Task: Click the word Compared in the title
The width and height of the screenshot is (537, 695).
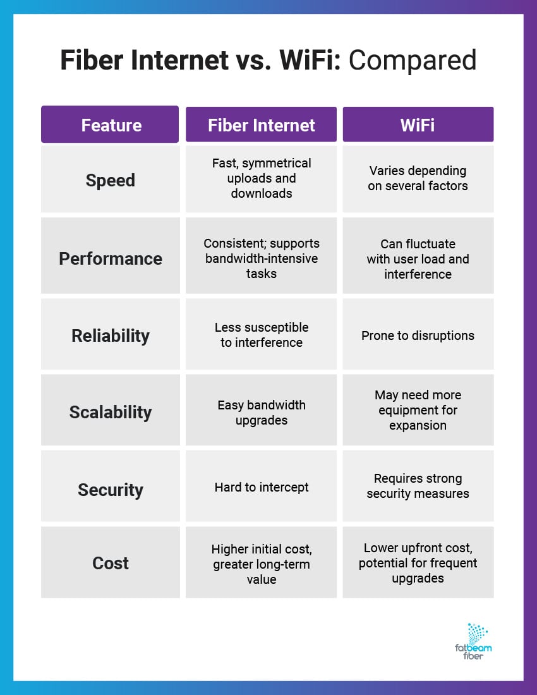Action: point(413,61)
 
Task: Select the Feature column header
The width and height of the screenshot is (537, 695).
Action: point(111,125)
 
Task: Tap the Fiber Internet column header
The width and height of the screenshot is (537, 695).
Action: point(261,125)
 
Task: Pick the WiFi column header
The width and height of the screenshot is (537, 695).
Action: point(418,125)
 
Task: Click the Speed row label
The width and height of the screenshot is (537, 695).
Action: point(111,180)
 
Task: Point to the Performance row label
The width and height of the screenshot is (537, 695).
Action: point(111,258)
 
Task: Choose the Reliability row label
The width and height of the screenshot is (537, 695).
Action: point(111,335)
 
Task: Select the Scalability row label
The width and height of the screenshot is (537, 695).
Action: point(111,412)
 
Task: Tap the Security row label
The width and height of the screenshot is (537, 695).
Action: point(111,490)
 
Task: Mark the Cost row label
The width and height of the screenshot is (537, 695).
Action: point(111,563)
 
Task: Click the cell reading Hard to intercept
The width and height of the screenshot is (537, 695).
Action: point(261,487)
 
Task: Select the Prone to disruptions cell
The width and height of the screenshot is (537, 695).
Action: point(418,335)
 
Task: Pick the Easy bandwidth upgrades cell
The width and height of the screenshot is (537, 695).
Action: point(261,413)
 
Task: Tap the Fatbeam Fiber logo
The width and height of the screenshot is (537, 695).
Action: point(473,641)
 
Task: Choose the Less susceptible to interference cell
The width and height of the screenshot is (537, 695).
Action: point(261,335)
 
